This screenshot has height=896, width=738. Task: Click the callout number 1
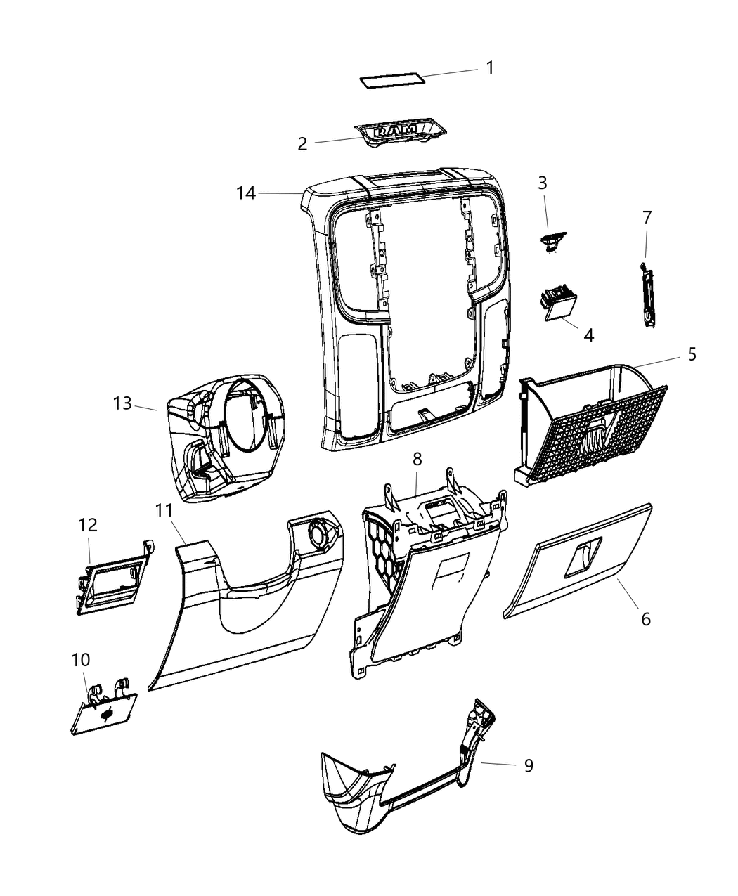coord(490,68)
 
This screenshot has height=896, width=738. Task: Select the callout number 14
coord(246,193)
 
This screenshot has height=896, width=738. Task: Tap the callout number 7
coord(647,219)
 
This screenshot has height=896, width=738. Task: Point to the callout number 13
coord(122,404)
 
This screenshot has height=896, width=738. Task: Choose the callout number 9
coord(528,765)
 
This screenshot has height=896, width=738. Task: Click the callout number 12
coord(88,525)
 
